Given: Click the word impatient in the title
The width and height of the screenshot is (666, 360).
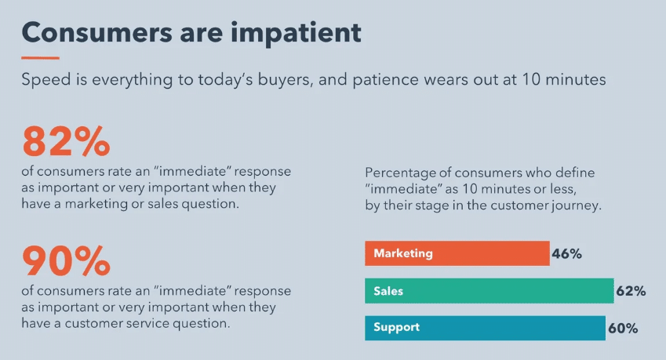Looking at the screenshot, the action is point(296,33).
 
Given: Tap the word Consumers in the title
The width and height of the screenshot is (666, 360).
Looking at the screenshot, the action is point(96,33).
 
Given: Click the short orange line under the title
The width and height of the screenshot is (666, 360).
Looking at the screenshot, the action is point(40,58).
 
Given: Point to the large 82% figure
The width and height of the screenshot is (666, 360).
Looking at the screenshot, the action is point(66,141).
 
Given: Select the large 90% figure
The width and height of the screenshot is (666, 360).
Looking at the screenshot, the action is point(66,260).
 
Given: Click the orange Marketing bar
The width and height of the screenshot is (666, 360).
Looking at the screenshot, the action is point(457,253).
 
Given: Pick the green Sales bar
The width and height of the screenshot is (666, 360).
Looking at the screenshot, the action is point(489,291).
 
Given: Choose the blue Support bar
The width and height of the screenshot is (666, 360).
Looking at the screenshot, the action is point(485,328).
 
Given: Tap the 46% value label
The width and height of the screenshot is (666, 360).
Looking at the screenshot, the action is point(566,254).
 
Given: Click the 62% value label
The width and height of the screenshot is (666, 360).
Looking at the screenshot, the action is point(631,291).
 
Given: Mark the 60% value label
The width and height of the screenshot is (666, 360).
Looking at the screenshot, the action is point(623,328).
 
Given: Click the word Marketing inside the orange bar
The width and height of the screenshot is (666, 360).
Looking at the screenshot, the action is point(403,253).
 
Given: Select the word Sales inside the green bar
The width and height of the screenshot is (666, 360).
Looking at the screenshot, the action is point(388,291).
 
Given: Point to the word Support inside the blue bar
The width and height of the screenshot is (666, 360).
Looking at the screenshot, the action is point(397,327).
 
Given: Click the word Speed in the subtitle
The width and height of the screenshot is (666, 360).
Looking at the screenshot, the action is point(46,80).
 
